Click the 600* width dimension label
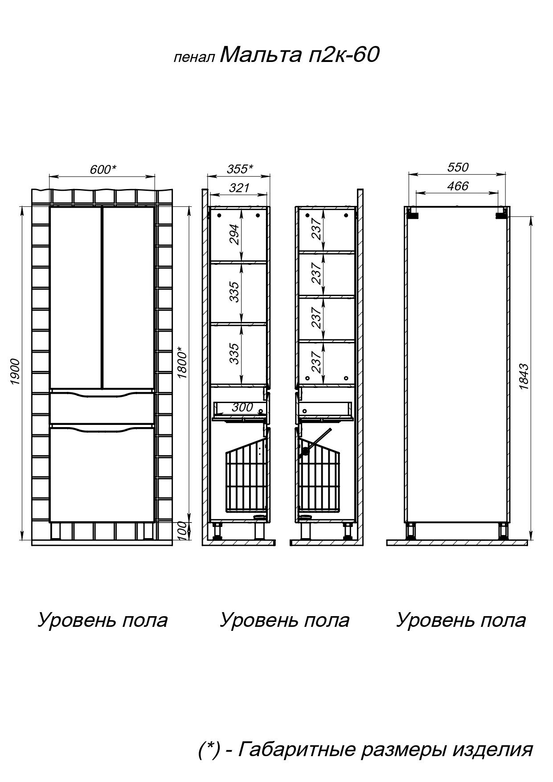pos(103,169)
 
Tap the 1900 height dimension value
pos(15,372)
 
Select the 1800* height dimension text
pos(182,362)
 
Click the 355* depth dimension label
pos(240,169)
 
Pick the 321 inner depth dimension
pos(239,188)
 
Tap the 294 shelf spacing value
pos(234,235)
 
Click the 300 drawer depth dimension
pos(242,407)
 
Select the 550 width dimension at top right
pos(458,167)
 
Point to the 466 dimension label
pos(458,186)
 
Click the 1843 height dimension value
pos(524,377)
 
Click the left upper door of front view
pos(75,297)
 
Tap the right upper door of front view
pos(128,297)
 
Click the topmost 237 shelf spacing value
pos(316,228)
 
